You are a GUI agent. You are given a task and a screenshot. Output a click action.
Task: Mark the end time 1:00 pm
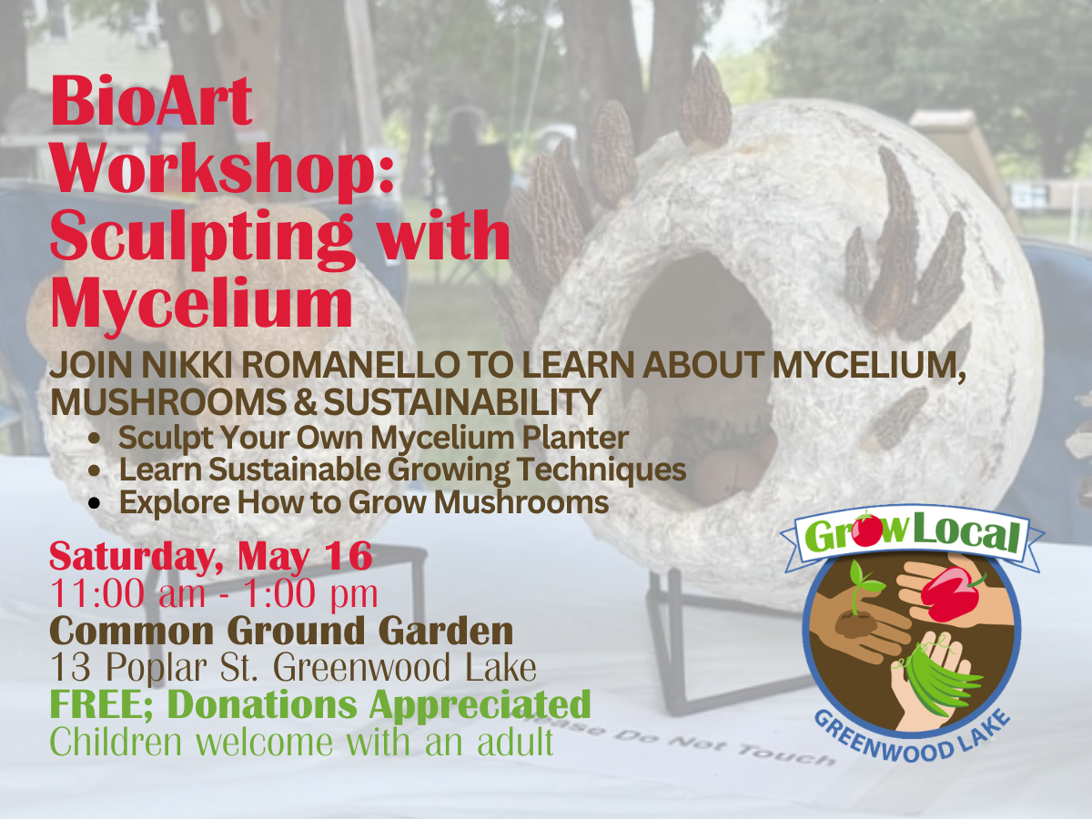[318, 593]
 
